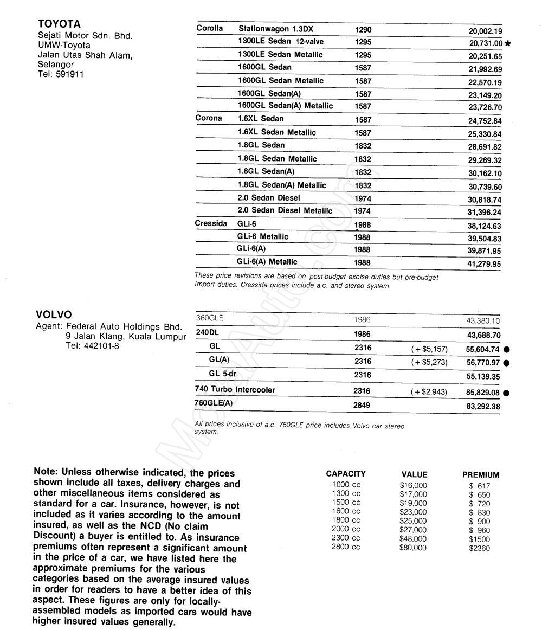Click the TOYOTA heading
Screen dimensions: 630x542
59,24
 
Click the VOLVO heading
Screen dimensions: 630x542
54,314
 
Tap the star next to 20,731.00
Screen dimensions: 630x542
507,43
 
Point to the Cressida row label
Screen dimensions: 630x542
211,223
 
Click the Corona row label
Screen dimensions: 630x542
209,118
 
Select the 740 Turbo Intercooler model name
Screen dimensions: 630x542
235,390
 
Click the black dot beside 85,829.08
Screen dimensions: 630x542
506,393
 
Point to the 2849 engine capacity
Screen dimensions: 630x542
363,404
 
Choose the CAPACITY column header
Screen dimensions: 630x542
346,474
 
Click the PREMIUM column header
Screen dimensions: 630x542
480,474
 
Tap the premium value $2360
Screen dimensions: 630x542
479,548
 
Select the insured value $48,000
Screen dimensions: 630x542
413,539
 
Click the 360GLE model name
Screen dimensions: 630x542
209,318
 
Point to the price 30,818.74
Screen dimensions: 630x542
485,200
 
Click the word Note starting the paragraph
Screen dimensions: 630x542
46,472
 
